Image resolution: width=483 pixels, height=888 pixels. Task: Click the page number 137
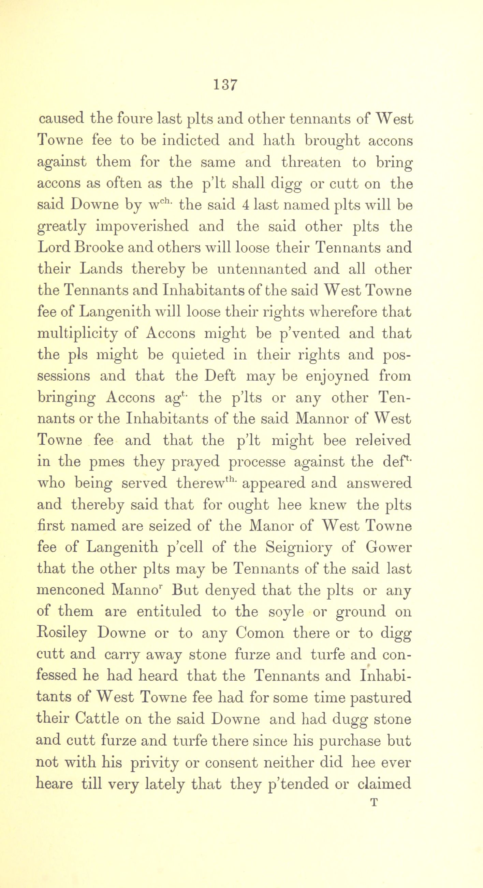pyautogui.click(x=225, y=84)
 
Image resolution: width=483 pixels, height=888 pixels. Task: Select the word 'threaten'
pyautogui.click(x=311, y=162)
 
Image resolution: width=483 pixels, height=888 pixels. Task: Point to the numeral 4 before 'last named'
pyautogui.click(x=246, y=205)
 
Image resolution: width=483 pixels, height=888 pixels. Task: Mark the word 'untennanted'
pyautogui.click(x=262, y=269)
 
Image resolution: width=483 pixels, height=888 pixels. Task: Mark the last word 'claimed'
pyautogui.click(x=384, y=782)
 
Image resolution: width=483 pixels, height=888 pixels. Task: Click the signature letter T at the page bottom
pyautogui.click(x=374, y=803)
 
